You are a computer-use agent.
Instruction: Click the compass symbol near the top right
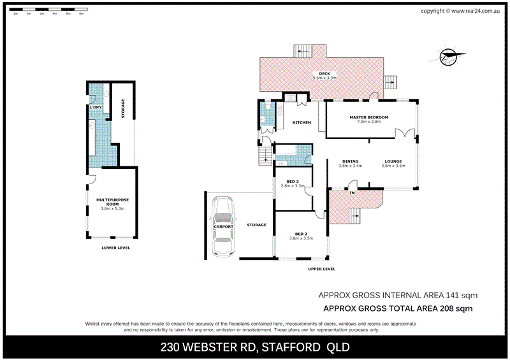(449, 57)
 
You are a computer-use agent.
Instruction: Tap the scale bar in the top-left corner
(48, 11)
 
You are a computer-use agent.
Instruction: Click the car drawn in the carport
(223, 226)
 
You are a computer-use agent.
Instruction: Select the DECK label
(324, 72)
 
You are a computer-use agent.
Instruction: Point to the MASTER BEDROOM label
(368, 118)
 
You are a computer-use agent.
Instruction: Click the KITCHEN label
(302, 122)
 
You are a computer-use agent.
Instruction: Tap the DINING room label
(350, 161)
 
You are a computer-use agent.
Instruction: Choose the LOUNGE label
(393, 161)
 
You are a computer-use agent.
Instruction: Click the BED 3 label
(293, 182)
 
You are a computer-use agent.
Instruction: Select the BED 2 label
(302, 233)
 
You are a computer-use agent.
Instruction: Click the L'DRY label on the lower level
(95, 107)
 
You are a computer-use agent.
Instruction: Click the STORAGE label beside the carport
(257, 225)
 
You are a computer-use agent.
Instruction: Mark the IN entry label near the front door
(351, 192)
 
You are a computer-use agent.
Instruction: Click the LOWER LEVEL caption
(115, 248)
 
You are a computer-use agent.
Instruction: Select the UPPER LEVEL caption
(321, 269)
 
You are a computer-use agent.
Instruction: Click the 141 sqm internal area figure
(464, 296)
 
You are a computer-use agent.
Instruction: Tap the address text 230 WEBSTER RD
(208, 347)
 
